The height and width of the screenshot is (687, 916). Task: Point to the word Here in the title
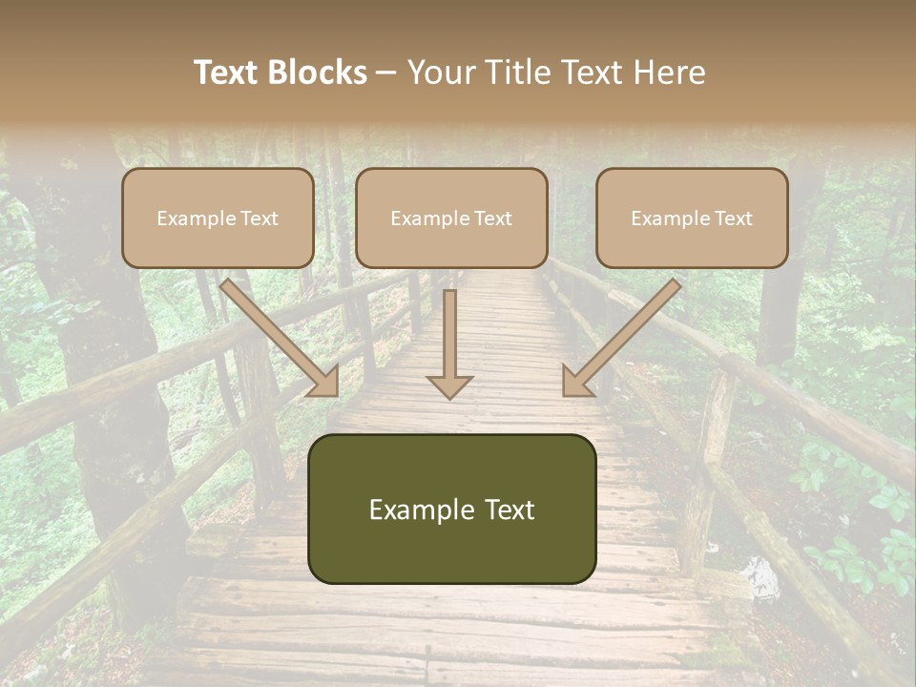point(668,73)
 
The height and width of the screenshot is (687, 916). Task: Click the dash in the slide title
point(386,73)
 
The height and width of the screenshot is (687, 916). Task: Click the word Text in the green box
point(510,510)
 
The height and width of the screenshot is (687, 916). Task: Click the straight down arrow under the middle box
point(450,343)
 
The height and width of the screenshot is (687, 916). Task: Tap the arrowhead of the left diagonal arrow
point(324,381)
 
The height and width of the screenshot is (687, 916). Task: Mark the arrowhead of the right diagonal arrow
point(576,381)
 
